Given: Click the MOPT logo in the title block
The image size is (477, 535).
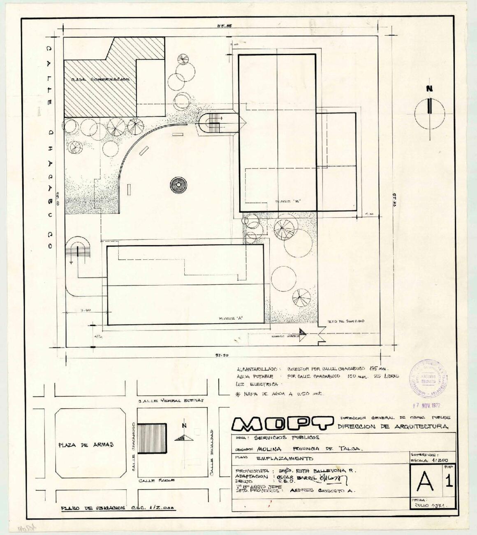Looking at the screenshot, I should (283, 423).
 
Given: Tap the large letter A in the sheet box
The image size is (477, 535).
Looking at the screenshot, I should (424, 480).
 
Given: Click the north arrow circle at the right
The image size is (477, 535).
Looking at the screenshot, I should (429, 113).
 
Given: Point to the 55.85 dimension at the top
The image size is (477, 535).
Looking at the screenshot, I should (225, 26).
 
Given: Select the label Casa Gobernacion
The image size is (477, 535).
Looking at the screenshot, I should (100, 79).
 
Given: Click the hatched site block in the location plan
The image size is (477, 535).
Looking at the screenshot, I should (152, 439).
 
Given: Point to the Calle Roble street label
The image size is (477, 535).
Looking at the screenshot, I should (157, 480).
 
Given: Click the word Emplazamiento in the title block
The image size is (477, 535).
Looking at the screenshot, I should (285, 458).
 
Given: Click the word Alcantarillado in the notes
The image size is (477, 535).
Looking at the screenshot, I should (257, 370).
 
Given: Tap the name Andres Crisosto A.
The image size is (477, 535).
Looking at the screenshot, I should (322, 491).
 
